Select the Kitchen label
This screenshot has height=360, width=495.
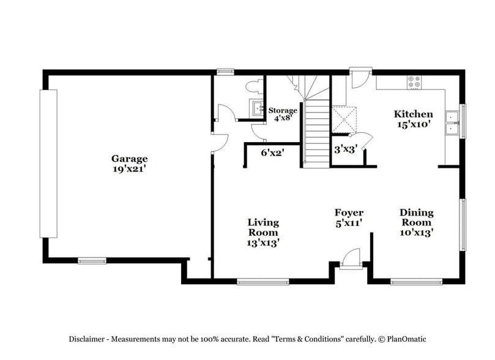pos(413,114)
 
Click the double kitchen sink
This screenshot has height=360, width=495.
pos(453,121)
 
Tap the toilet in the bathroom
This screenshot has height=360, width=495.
pos(253,88)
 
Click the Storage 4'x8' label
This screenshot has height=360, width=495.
pos(283,114)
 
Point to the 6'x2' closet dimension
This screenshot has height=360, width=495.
pos(272,152)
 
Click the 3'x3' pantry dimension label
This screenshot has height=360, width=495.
pos(345,148)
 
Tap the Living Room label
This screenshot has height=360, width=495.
pos(263,232)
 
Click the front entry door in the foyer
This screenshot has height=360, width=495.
pos(351,260)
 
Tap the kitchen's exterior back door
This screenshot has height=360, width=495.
pos(360,78)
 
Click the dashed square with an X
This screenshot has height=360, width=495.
pos(344,119)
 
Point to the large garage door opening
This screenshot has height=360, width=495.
pos(48,163)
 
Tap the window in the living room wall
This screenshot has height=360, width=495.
pos(262,282)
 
